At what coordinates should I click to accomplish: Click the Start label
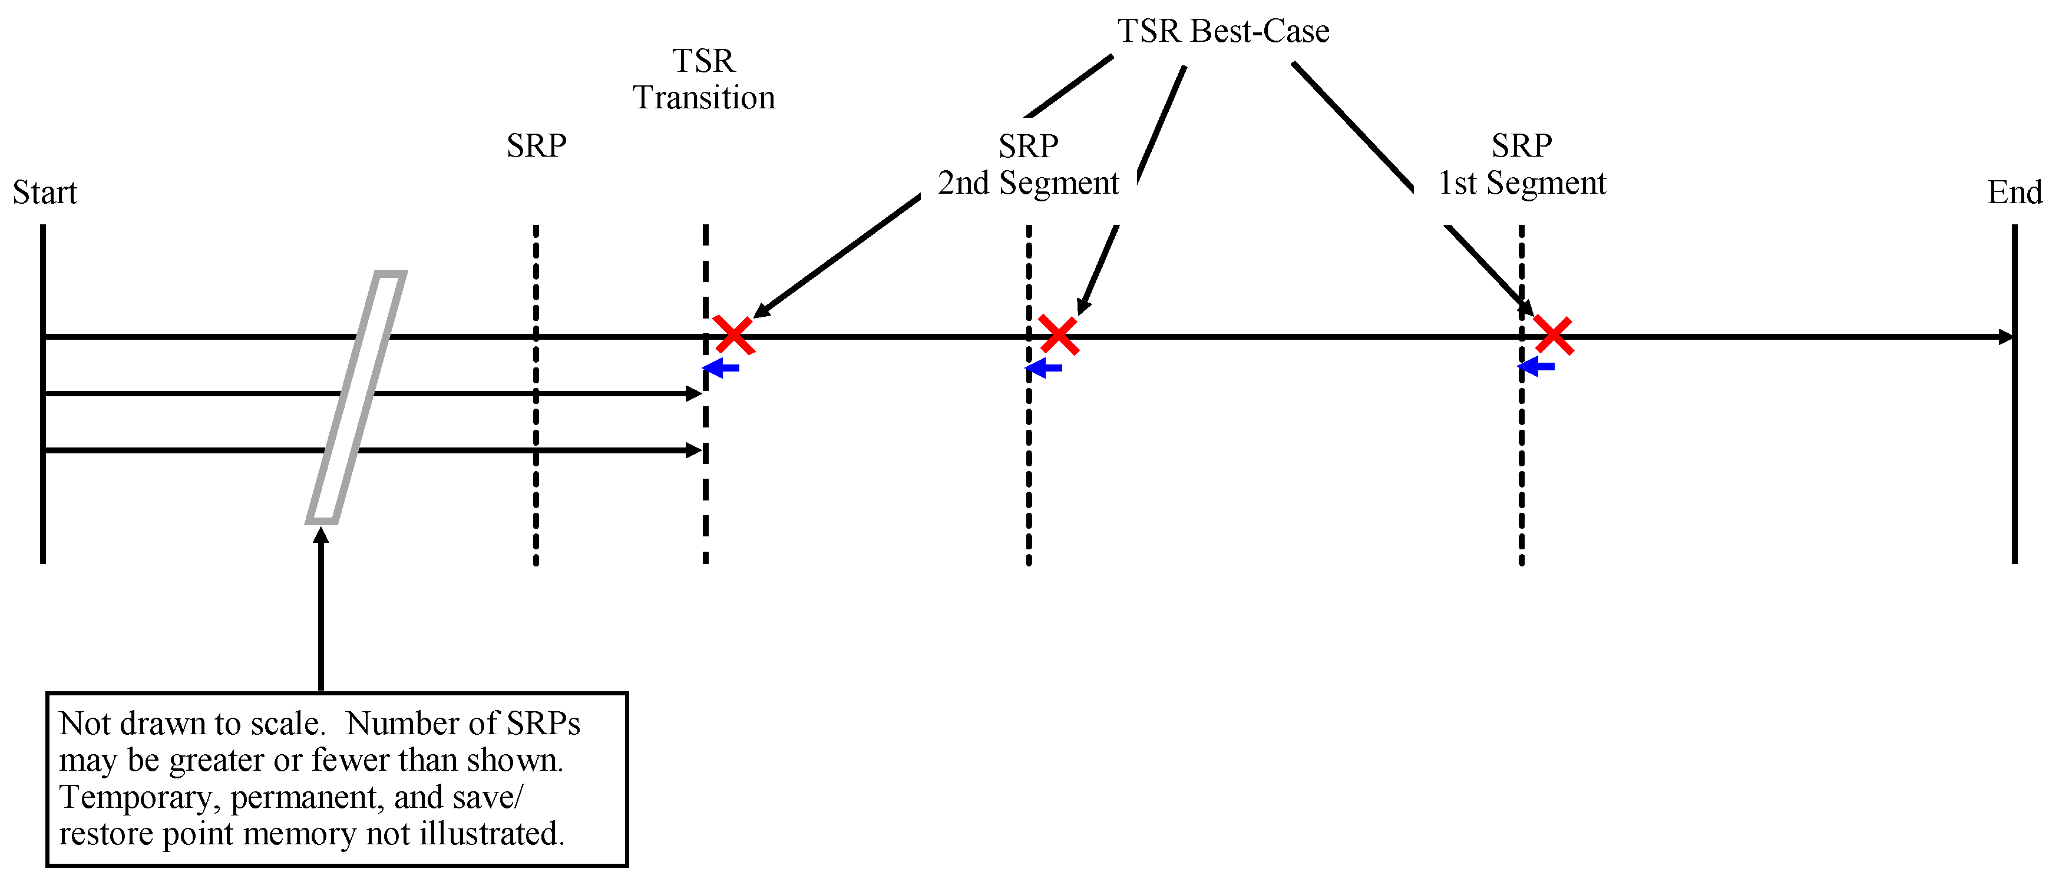45,193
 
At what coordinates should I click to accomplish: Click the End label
2014,193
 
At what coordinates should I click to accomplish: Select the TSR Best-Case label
1223,31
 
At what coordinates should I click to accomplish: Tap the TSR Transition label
703,79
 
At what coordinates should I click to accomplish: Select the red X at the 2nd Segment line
1058,335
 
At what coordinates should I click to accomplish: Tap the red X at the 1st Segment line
1553,335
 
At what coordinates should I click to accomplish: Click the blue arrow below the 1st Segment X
1535,367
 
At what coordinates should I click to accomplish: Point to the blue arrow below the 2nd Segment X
1043,367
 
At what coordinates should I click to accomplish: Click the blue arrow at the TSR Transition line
720,367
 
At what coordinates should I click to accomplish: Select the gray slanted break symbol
356,397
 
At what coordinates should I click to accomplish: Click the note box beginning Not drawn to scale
336,779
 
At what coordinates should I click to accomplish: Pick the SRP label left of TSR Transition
536,146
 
